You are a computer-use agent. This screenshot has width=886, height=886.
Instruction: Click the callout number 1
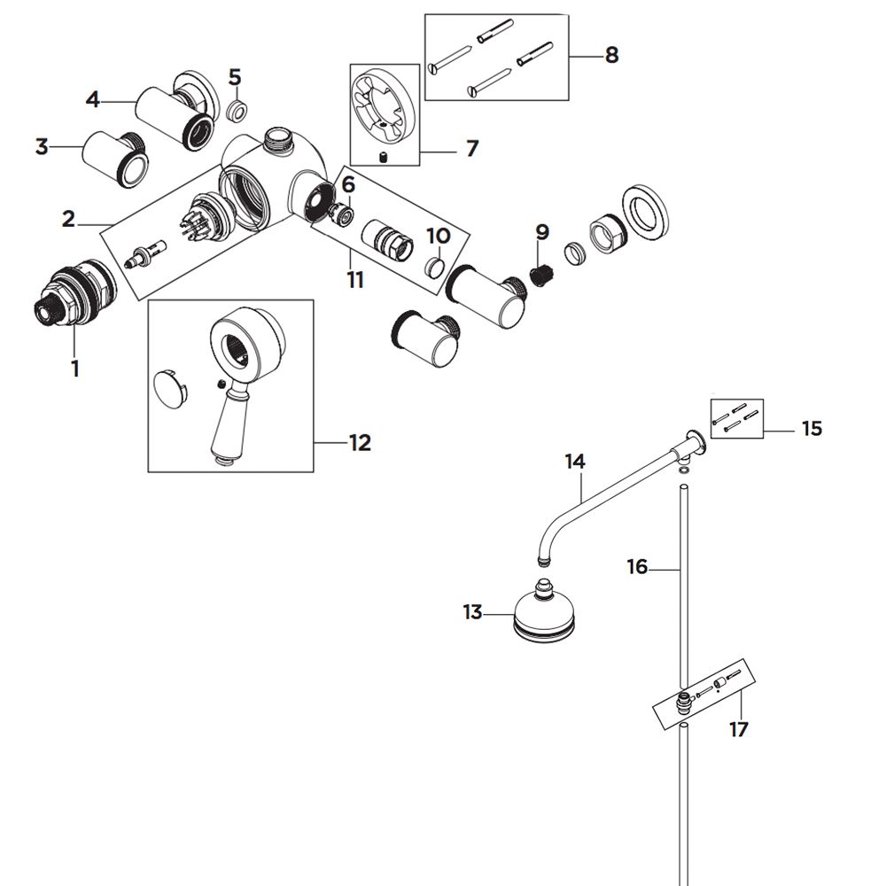[74, 368]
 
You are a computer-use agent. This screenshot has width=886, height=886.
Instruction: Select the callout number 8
[610, 55]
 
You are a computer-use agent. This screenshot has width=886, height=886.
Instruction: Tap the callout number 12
[359, 442]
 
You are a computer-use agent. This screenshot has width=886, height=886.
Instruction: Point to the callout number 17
[738, 729]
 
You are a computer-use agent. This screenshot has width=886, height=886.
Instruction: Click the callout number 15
[811, 429]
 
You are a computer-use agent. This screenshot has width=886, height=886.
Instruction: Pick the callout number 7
[470, 148]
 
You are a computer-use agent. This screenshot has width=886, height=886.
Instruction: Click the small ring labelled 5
[237, 112]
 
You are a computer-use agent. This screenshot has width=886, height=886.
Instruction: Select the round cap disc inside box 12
[171, 389]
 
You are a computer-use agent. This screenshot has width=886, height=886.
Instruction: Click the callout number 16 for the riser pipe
[637, 567]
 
